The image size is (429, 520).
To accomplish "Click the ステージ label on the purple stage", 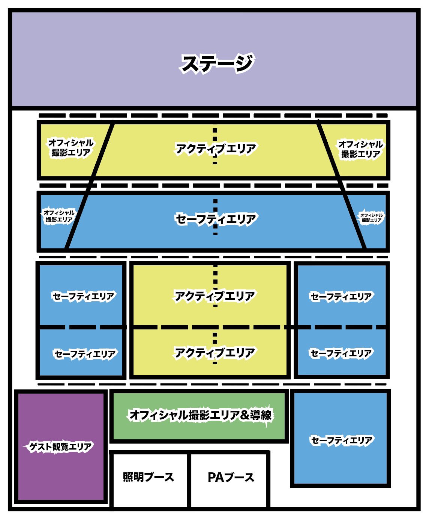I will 217,64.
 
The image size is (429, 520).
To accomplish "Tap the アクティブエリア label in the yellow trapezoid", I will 216,149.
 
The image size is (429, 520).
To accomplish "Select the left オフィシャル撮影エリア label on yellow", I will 70,147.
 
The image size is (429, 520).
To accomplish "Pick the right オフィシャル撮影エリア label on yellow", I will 360,149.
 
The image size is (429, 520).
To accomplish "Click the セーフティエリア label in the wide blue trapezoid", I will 216,219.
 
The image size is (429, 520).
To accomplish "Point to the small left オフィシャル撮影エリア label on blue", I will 59,216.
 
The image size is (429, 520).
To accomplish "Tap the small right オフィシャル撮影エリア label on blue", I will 371,218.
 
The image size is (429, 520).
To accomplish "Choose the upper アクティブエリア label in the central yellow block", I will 214,296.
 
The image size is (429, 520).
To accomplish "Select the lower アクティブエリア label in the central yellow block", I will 214,353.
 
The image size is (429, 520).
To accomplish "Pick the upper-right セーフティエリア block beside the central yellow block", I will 341,297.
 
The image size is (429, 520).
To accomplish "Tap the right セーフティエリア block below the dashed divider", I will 341,353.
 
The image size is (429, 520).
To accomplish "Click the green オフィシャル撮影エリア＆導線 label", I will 200,415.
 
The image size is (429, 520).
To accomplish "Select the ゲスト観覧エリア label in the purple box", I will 60,447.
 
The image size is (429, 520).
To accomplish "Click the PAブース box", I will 231,477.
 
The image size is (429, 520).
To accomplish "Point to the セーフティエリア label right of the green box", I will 341,440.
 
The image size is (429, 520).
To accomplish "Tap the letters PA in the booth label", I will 216,477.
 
